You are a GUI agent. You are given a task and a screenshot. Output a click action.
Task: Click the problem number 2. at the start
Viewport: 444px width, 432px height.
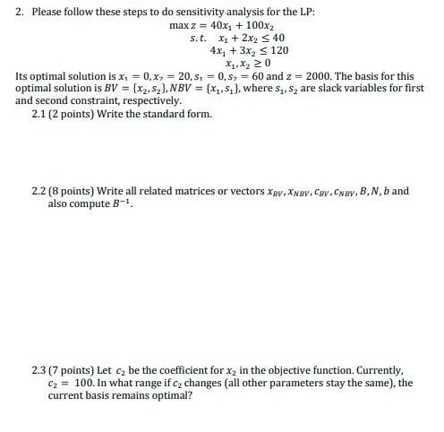click(x=20, y=12)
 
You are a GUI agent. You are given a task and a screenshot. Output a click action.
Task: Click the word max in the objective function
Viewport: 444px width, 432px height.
click(x=178, y=25)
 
